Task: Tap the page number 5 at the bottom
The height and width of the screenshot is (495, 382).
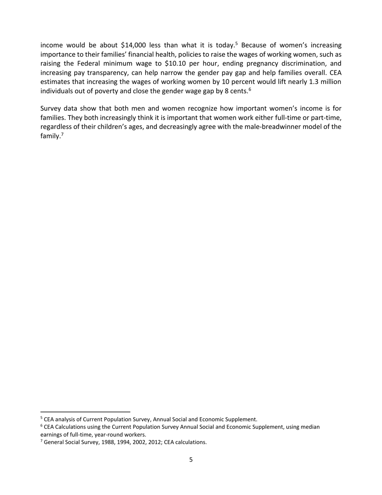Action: click(191, 460)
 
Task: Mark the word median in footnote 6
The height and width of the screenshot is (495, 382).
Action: click(310, 427)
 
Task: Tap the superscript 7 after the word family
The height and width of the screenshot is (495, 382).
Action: click(63, 134)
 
